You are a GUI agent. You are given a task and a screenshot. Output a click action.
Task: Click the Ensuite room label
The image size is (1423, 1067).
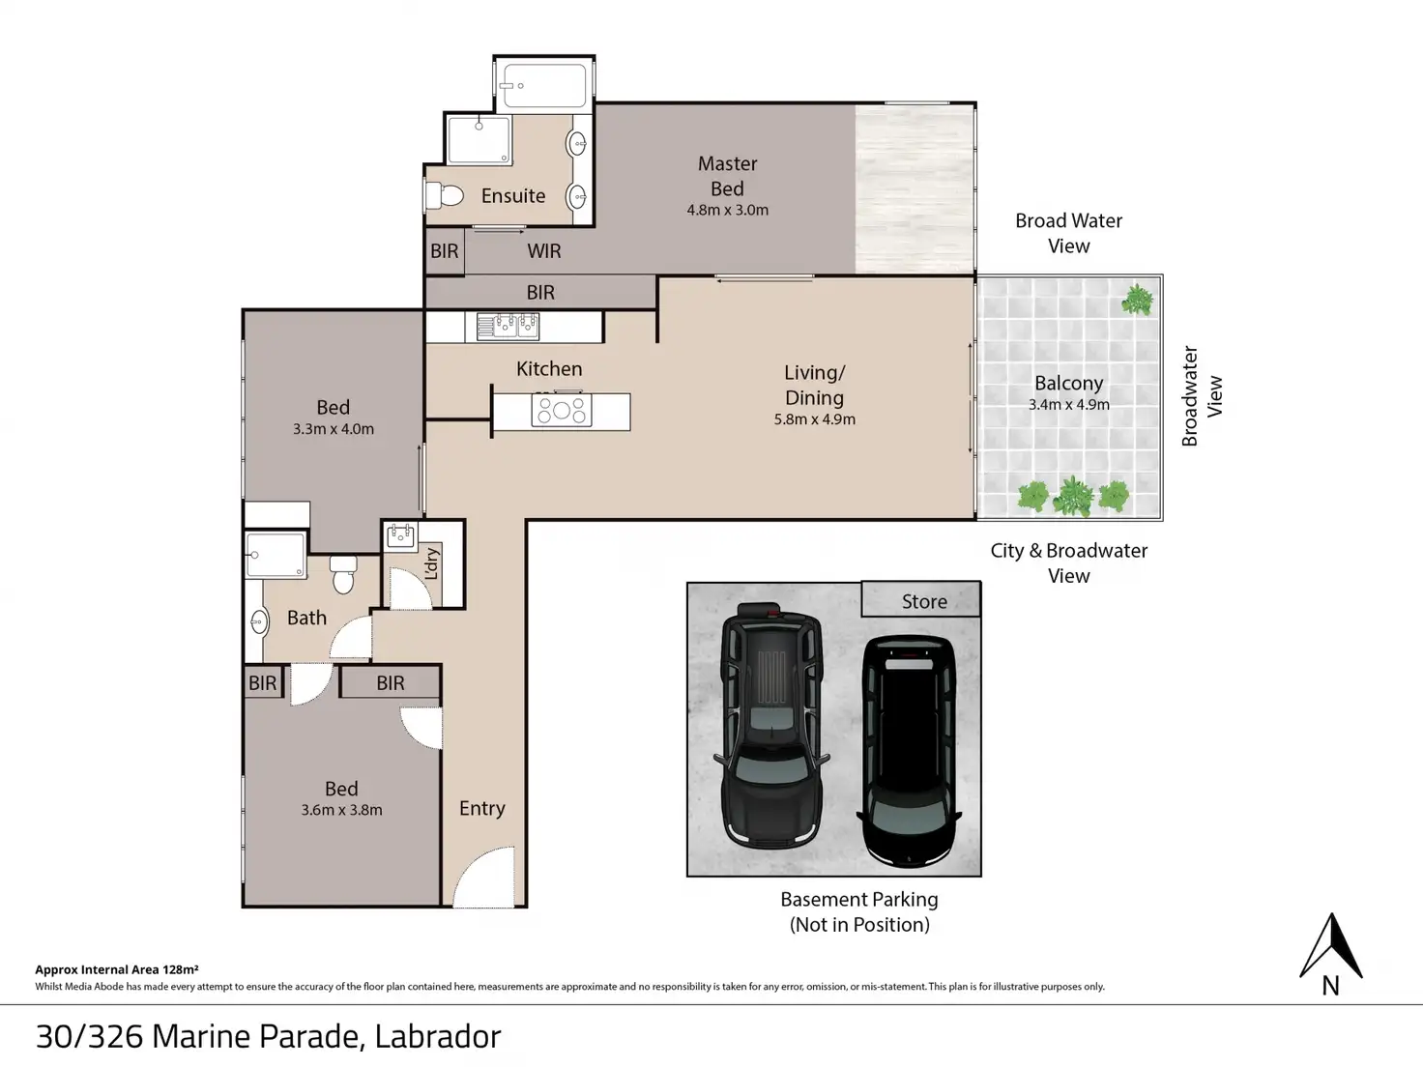click(512, 195)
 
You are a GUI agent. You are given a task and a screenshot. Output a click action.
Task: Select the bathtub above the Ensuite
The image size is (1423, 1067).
click(544, 85)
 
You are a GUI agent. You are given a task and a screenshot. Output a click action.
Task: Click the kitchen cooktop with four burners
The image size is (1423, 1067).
click(562, 410)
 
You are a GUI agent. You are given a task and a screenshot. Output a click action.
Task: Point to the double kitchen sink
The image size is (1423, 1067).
click(508, 327)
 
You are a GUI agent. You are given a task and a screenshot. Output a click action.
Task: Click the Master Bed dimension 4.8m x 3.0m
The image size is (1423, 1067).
click(727, 210)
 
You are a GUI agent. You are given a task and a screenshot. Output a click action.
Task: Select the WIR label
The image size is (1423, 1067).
click(544, 251)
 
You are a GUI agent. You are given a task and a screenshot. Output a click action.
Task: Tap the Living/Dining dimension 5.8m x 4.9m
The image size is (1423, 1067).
click(814, 419)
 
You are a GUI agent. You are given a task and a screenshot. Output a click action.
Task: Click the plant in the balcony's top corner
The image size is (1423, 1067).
click(1137, 300)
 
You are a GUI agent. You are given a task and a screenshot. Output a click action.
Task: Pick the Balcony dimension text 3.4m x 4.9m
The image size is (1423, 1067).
click(1069, 404)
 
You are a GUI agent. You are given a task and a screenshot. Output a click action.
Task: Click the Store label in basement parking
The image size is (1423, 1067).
click(924, 602)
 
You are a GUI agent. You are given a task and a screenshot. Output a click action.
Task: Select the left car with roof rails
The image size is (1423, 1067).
click(770, 726)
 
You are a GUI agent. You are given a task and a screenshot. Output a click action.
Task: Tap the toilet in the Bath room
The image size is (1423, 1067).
click(343, 574)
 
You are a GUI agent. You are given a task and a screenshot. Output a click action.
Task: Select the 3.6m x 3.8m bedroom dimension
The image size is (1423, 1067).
click(341, 810)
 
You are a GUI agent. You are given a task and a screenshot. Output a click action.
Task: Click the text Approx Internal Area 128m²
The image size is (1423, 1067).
click(117, 969)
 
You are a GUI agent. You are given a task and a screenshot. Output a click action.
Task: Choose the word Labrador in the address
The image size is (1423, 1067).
click(438, 1036)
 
